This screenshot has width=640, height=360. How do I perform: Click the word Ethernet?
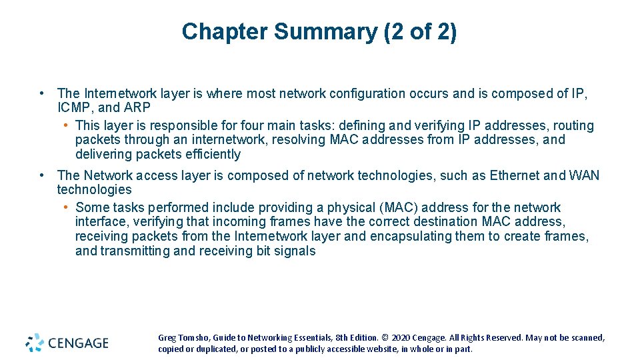[x=515, y=175]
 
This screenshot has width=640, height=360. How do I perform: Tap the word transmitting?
[x=135, y=251]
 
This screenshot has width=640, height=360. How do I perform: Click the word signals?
[x=295, y=251]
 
